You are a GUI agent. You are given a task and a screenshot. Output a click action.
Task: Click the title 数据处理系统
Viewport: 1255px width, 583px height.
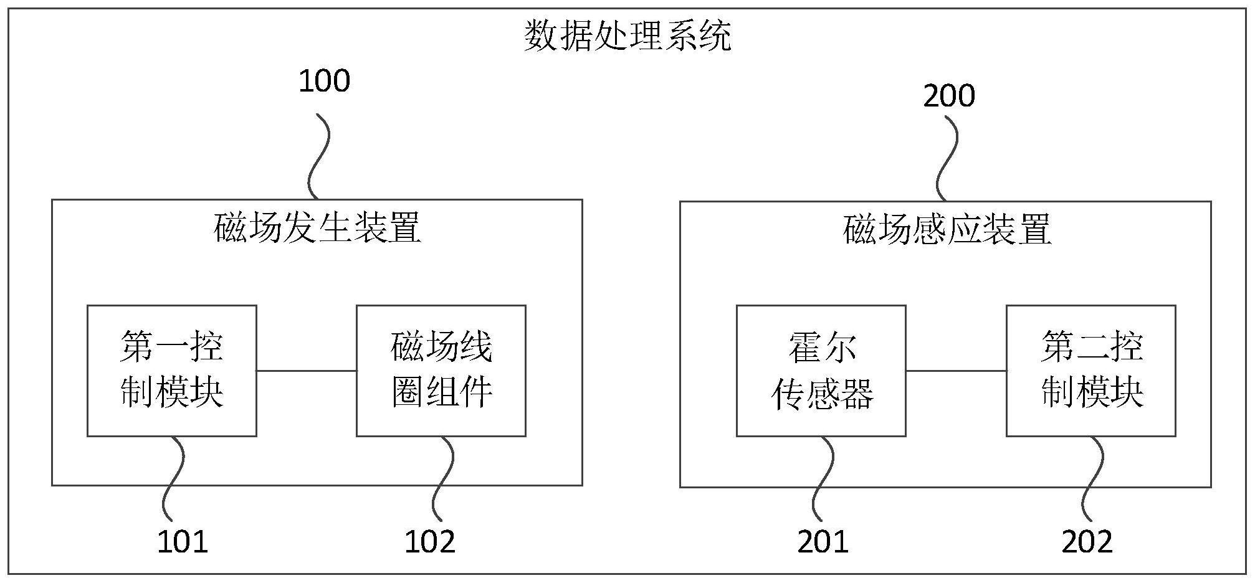[627, 36]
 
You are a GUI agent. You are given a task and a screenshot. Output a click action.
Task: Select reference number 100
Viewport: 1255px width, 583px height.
[324, 82]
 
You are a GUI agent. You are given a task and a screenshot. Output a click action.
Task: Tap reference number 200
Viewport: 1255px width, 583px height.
[948, 96]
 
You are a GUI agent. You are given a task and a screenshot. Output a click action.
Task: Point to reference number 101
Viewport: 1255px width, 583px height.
[182, 541]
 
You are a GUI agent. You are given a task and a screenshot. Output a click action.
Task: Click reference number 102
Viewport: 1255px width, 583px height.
[430, 541]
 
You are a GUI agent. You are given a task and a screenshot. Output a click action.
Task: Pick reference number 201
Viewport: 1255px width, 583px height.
[823, 541]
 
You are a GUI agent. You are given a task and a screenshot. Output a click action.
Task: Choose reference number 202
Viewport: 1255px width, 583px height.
[1087, 541]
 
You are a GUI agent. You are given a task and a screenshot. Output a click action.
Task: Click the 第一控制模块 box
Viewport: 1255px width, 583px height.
[171, 371]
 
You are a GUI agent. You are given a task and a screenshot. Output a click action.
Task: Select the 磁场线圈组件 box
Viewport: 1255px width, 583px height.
[441, 371]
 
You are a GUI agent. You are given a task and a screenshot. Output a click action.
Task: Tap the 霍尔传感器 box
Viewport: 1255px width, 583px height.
[821, 371]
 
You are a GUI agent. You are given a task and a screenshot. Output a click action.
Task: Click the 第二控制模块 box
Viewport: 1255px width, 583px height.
[1090, 371]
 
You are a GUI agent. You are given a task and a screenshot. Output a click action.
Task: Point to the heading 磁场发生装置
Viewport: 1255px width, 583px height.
[317, 228]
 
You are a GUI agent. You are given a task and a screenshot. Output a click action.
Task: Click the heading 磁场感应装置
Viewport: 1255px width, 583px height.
[947, 230]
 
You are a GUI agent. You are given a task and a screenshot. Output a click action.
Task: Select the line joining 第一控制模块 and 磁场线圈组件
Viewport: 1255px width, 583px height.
[306, 371]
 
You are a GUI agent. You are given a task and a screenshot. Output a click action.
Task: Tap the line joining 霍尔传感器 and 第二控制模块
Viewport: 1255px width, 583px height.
[956, 371]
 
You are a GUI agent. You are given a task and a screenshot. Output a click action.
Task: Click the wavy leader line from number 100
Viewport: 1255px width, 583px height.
[319, 156]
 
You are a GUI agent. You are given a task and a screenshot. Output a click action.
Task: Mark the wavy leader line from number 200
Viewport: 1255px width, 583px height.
[947, 159]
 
